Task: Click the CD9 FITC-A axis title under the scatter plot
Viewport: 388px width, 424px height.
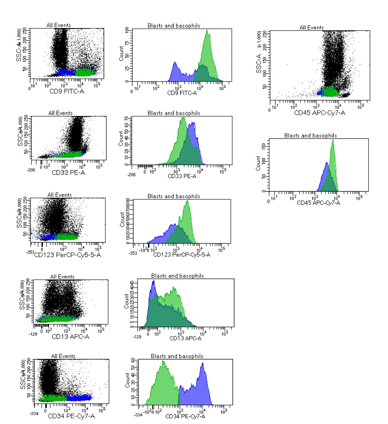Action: tap(67, 92)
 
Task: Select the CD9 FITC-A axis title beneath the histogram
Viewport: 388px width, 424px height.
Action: tap(181, 93)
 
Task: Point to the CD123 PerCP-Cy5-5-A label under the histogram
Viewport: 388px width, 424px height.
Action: tap(182, 254)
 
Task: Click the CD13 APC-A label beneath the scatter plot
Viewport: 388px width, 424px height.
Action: tap(70, 336)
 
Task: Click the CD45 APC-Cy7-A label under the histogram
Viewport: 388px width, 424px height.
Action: tap(319, 203)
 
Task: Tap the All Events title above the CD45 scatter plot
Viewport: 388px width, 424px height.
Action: tap(312, 28)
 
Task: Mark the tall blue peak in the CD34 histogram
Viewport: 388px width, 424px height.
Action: tap(203, 364)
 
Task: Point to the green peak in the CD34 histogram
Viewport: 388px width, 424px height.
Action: tap(164, 362)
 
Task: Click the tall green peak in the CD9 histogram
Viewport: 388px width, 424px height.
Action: tap(207, 37)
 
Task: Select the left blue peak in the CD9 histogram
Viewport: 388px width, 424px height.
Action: tap(175, 63)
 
